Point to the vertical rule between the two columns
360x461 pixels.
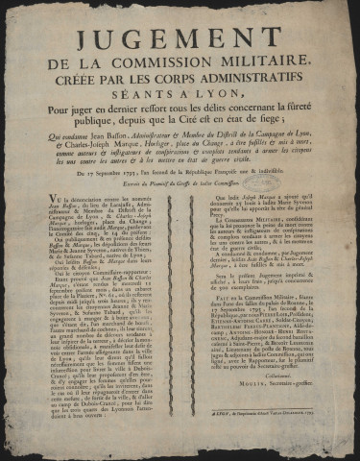[180, 327]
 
